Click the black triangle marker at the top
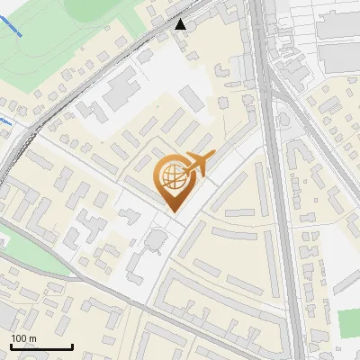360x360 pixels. pyautogui.click(x=182, y=24)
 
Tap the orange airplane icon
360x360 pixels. pyautogui.click(x=198, y=165)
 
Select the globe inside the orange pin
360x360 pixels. pyautogui.click(x=171, y=178)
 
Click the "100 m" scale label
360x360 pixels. pyautogui.click(x=23, y=337)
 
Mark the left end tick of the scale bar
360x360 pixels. pyautogui.click(x=10, y=346)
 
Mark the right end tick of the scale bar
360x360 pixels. pyautogui.click(x=72, y=346)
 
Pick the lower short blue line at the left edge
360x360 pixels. pyautogui.click(x=6, y=119)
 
